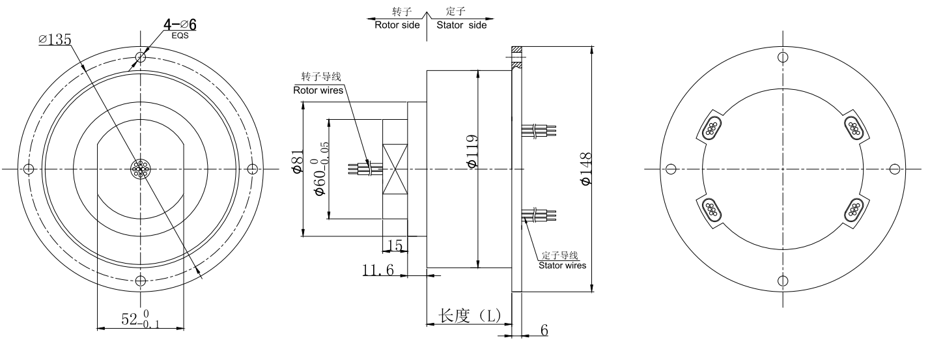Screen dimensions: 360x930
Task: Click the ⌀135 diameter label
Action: pos(55,40)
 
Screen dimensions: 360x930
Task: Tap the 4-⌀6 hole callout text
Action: pos(180,25)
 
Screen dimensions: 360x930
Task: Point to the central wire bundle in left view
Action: pos(140,169)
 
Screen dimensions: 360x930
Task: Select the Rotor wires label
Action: pos(318,90)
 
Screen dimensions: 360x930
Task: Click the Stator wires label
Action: pos(561,265)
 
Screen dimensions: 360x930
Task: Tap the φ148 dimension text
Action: pos(584,168)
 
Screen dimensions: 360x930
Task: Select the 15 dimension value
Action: pos(395,245)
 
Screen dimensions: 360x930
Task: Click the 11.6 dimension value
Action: pos(378,270)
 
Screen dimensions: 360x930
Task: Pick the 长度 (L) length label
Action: pos(470,316)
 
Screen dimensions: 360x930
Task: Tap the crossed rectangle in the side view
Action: pos(395,168)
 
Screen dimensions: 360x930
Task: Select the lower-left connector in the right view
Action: pos(711,210)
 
